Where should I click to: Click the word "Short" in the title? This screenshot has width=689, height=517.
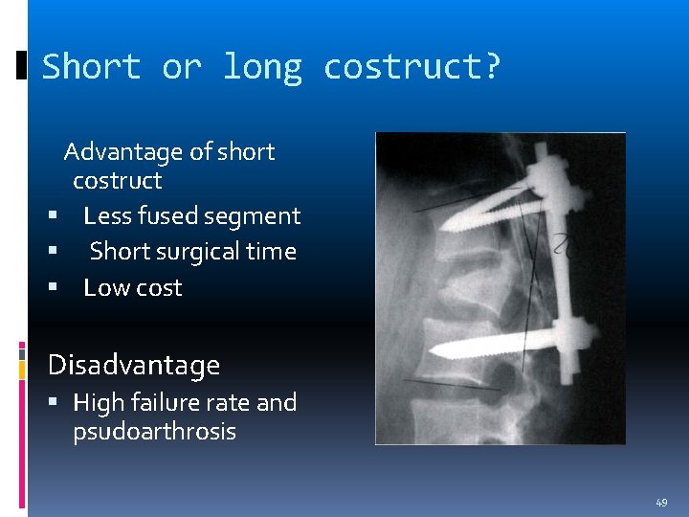tap(92, 67)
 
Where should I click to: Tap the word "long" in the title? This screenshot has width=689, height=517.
tap(262, 67)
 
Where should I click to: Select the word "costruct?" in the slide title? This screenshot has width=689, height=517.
tap(411, 67)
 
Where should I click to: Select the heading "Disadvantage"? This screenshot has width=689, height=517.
tap(134, 365)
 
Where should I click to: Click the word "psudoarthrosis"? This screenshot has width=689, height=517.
tap(154, 432)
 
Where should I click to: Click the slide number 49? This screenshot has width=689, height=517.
tap(661, 503)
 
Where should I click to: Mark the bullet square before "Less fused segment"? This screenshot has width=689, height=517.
tap(55, 217)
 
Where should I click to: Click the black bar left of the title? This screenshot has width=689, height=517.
tap(22, 66)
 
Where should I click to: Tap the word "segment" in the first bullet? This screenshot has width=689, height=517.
tap(259, 216)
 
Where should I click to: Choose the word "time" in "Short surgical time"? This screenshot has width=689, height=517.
tap(273, 252)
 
